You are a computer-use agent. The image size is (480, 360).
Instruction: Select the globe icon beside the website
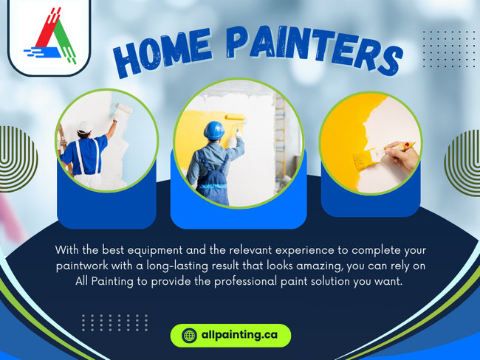(x=189, y=336)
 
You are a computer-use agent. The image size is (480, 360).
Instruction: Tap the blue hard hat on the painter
(x=214, y=130)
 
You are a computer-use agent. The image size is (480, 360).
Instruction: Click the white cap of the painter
(x=84, y=126)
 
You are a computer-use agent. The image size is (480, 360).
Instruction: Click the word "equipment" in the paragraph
(x=160, y=249)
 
